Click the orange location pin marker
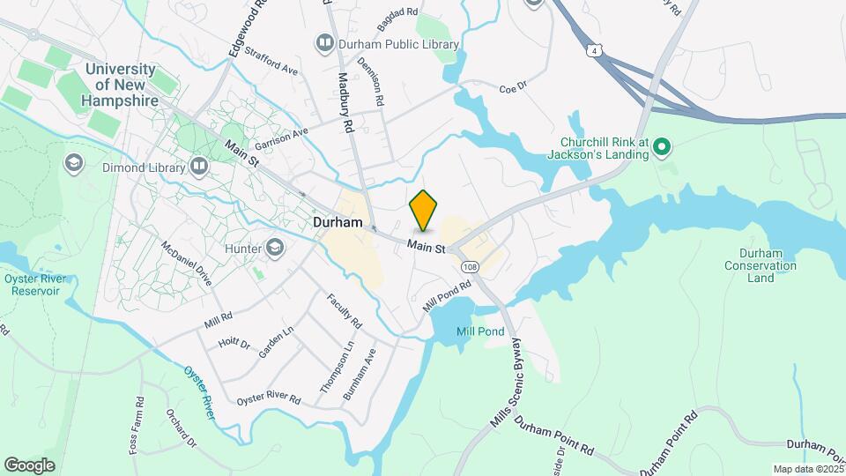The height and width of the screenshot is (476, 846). point(424,210)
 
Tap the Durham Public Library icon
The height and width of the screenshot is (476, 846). point(324,43)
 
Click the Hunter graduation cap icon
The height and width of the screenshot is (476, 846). point(275,249)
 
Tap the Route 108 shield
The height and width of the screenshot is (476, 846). point(469,266)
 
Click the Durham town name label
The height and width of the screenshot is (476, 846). point(338,223)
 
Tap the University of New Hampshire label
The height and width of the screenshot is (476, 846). point(122,85)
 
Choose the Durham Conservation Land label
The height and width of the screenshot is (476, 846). point(761,265)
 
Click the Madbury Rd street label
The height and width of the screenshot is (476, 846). point(345,102)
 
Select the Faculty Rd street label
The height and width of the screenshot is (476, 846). point(345,311)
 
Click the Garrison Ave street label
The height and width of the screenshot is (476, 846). point(281,139)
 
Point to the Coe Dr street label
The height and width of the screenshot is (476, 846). point(512,88)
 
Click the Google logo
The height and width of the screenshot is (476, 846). point(29,465)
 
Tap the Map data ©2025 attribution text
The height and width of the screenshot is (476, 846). point(808,469)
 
